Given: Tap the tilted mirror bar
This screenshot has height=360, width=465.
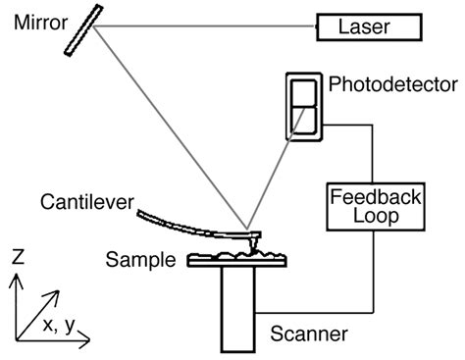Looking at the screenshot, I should [x=85, y=30].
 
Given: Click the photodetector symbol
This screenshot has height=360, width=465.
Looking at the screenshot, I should [x=302, y=106].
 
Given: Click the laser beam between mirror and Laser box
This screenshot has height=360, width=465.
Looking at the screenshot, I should [x=206, y=26].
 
